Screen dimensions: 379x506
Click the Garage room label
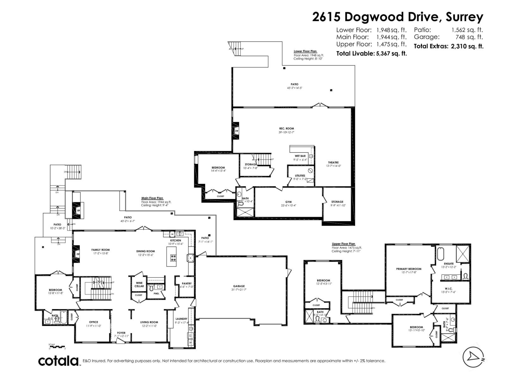[x=239, y=286]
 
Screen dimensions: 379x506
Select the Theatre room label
[x=333, y=162]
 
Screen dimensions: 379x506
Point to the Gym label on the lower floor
[x=288, y=202]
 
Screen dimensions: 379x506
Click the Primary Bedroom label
[x=408, y=269]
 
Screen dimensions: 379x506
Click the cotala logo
[x=59, y=361]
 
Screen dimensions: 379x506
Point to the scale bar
[x=57, y=347]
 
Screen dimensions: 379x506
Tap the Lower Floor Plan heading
[x=305, y=51]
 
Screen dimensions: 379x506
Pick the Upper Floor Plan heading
[x=343, y=244]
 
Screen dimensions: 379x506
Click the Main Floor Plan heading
[x=152, y=198]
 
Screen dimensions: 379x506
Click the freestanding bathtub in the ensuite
[x=441, y=254]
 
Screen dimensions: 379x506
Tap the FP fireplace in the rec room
[x=236, y=131]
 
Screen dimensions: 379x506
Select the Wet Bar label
[x=300, y=156]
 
